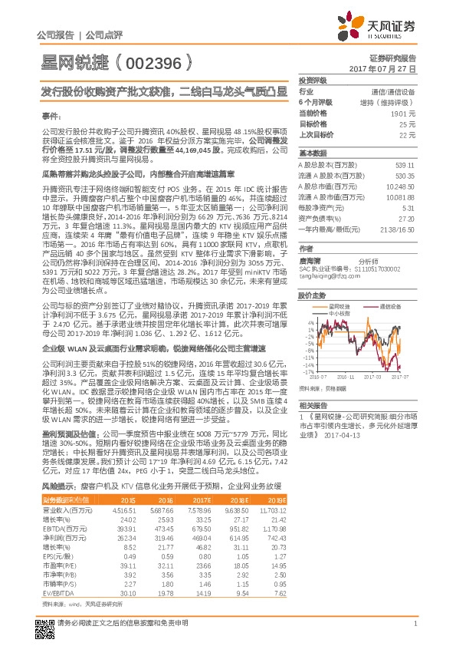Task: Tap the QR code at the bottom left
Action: click(45, 621)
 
